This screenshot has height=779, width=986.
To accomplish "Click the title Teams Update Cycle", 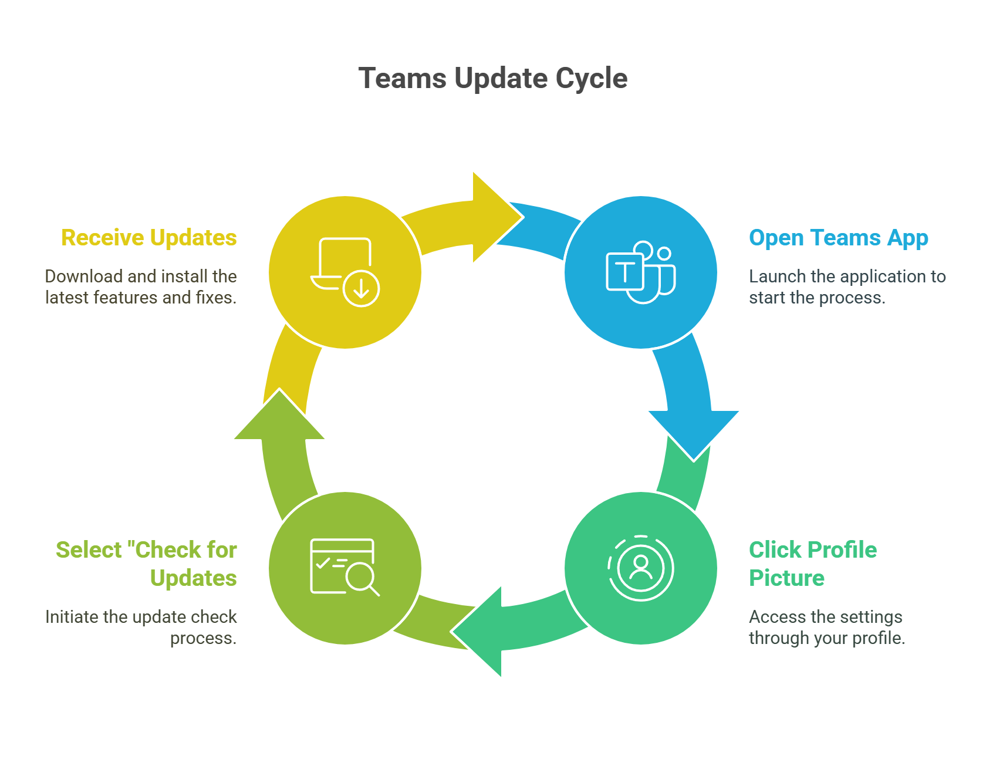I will click(493, 79).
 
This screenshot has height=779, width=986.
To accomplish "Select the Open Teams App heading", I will click(838, 238).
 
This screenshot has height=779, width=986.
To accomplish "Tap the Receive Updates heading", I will click(149, 238).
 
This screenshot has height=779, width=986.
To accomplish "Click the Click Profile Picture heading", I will click(812, 564).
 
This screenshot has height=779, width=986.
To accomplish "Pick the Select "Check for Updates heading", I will click(147, 564).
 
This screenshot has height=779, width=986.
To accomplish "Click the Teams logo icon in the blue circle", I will click(641, 272).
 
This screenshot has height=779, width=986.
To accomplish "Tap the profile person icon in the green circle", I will click(641, 567).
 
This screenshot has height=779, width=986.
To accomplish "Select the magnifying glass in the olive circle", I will click(360, 578).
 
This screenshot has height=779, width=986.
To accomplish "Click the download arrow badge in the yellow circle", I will click(361, 288).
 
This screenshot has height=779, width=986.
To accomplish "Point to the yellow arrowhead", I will click(493, 218).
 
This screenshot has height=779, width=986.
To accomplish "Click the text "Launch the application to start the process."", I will click(847, 287).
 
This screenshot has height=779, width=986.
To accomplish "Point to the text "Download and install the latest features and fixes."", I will click(141, 287).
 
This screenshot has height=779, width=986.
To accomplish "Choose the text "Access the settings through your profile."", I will click(826, 628).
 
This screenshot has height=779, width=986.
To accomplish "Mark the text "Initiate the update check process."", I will click(141, 628).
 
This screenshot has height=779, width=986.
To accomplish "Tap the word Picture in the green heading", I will click(786, 578).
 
